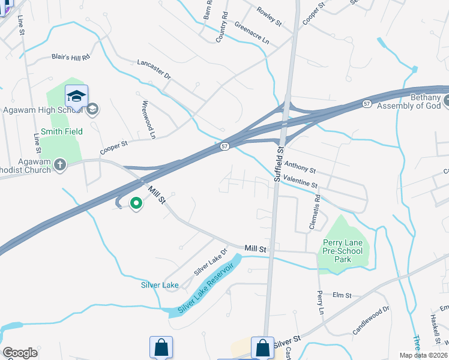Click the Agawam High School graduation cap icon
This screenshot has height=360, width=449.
(x=77, y=97)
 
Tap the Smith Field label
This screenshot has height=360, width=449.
(x=62, y=131)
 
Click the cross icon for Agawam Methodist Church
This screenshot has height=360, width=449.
(x=59, y=164)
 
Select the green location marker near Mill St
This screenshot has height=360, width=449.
(x=136, y=204)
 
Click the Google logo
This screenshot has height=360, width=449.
(x=20, y=353)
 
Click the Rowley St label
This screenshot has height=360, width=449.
(x=269, y=16)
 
